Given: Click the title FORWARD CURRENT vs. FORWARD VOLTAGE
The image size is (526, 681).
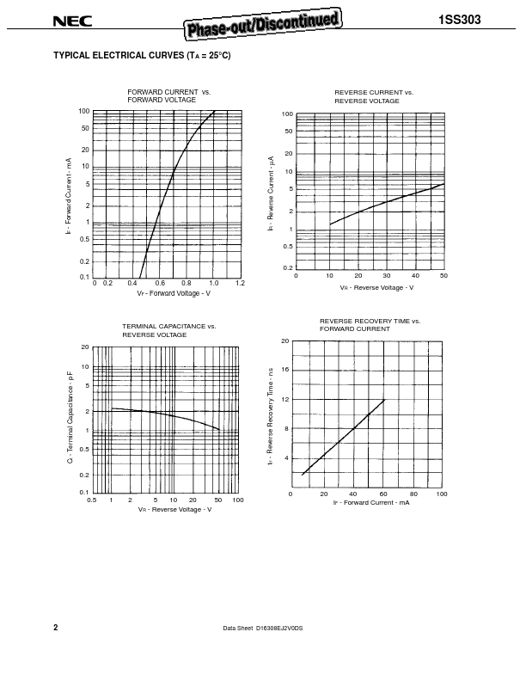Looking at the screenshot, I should pos(168,95).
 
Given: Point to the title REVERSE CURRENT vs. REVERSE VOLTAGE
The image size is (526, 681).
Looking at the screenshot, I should pos(373,96).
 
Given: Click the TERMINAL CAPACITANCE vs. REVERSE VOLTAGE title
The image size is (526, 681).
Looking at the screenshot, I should pos(168,330).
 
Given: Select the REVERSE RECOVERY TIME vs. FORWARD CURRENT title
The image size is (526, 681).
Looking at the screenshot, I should pos(370,325).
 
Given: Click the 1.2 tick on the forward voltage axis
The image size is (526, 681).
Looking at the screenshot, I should pos(240,283).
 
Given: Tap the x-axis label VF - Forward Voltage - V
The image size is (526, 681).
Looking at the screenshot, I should pos(173,293).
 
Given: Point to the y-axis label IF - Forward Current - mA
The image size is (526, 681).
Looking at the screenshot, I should pos(67,197).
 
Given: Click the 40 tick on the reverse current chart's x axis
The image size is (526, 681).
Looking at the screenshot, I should pos(414,276).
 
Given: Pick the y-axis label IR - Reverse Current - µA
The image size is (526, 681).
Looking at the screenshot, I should pos(270,193).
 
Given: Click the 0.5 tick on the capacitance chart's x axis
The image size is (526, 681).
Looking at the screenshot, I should pos(92,500).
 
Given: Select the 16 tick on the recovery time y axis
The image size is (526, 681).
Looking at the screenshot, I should pos(284,370).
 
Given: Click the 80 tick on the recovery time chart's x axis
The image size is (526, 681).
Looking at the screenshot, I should pos(413,494).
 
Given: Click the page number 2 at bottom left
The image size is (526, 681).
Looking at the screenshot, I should pos(56,628).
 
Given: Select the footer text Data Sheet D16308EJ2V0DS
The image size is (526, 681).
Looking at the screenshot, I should pos(263,629).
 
